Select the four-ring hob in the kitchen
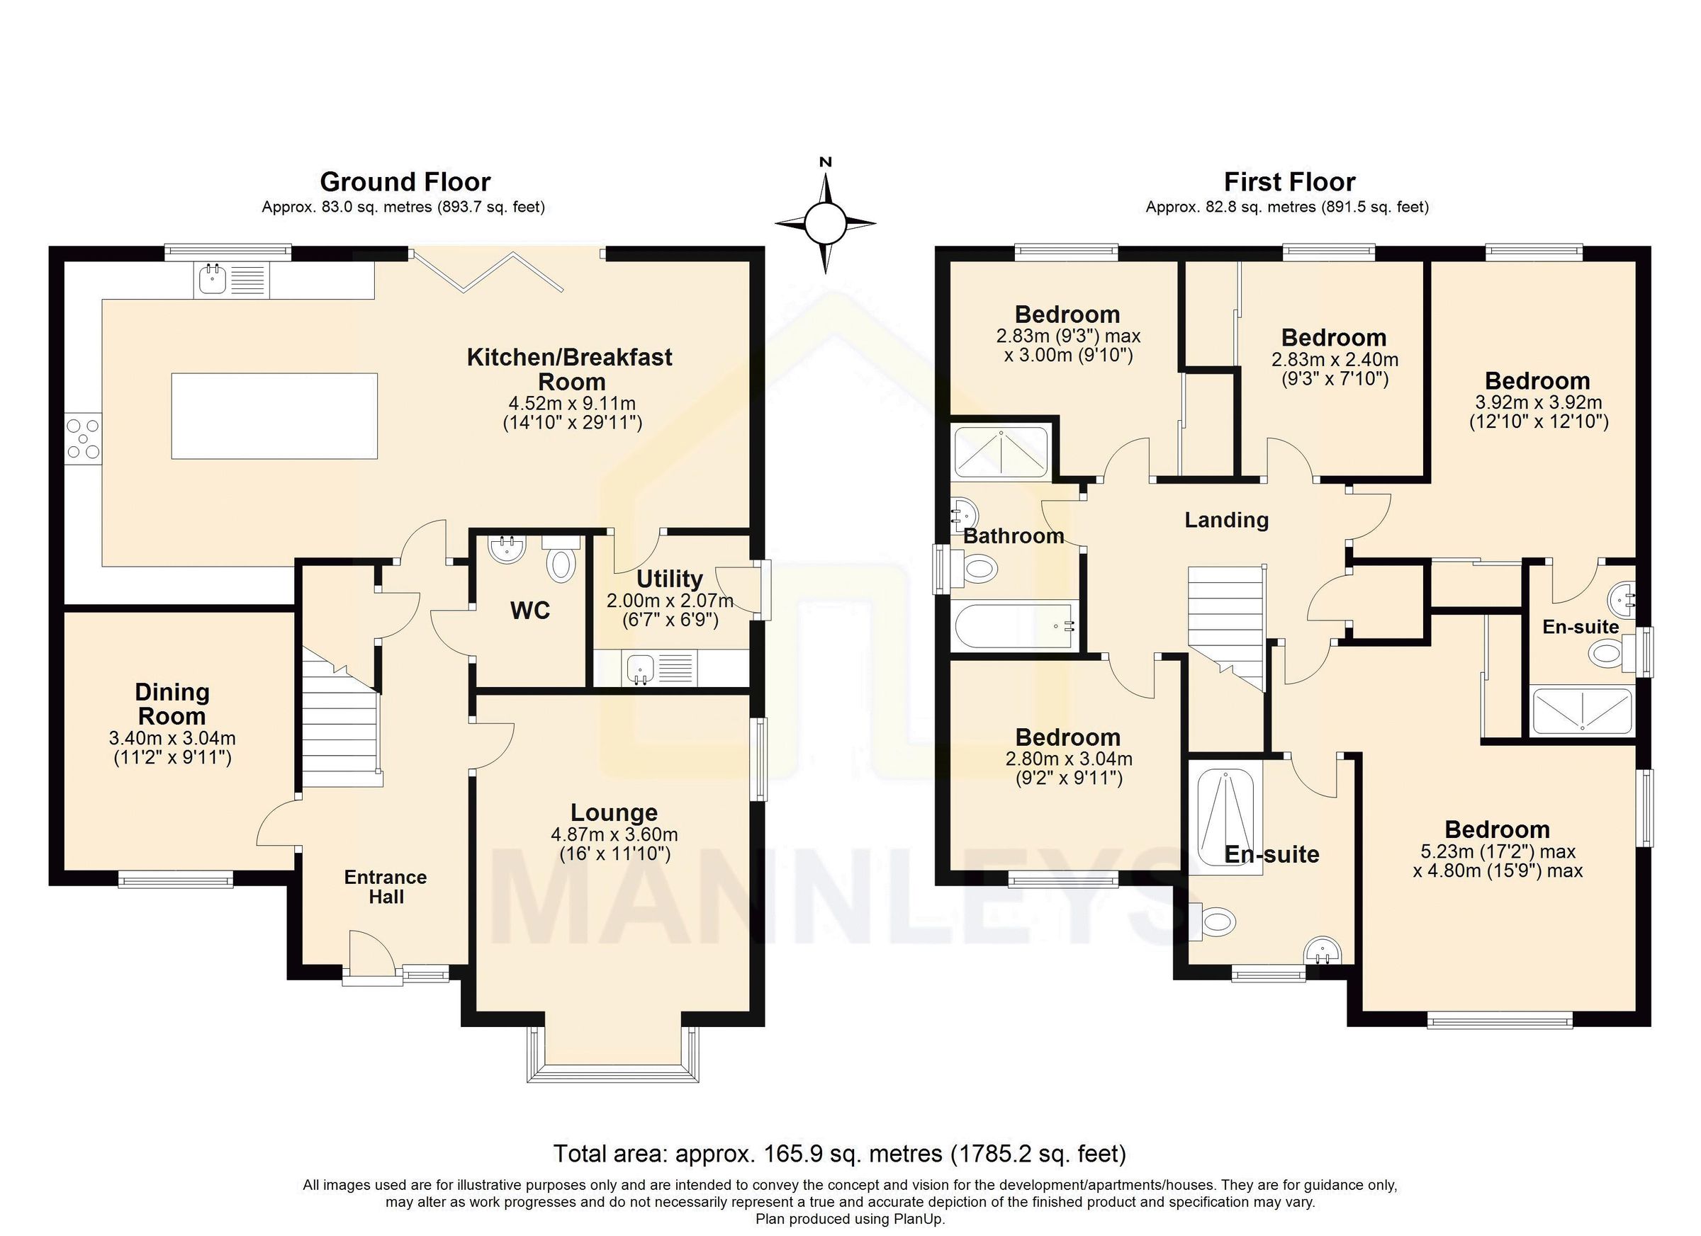[82, 438]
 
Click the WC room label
[529, 611]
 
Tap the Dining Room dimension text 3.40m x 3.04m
[172, 737]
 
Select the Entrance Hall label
[386, 887]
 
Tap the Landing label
[1226, 519]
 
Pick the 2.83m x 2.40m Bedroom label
[1333, 337]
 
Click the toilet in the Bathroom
[977, 569]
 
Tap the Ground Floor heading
[405, 181]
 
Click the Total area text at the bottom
[839, 1153]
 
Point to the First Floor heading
[1289, 181]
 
